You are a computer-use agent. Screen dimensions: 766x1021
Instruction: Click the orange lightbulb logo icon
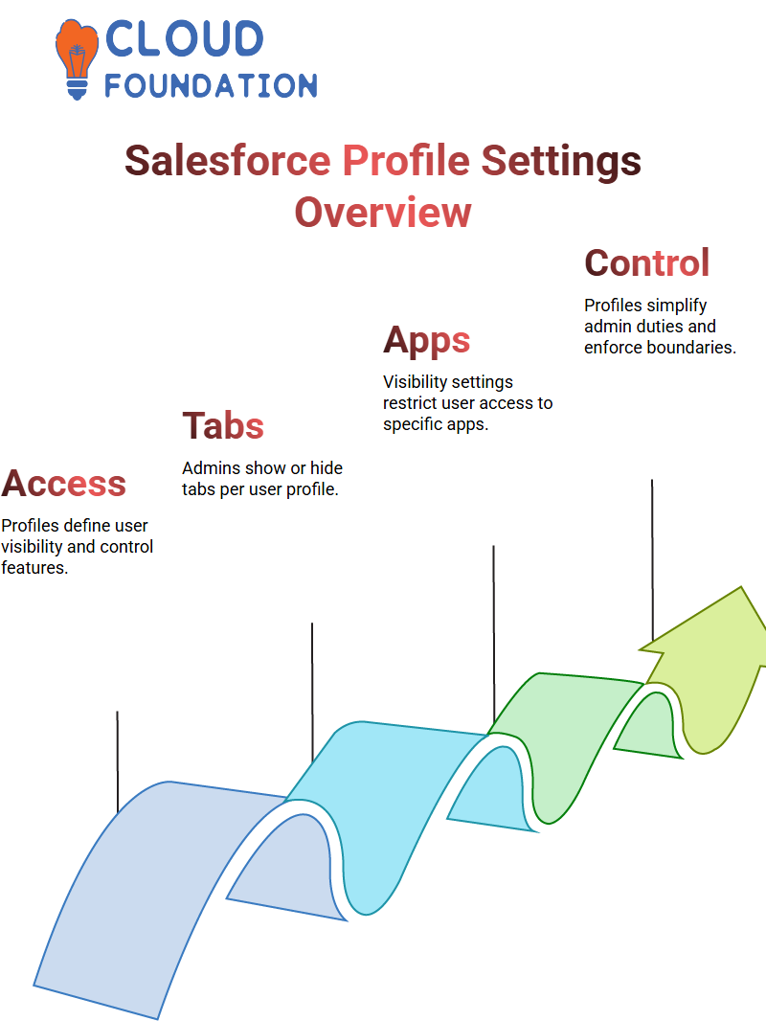(x=77, y=59)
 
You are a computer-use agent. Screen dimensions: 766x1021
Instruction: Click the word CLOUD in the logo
(x=184, y=39)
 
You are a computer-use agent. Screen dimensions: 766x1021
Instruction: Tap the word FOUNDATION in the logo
(x=211, y=85)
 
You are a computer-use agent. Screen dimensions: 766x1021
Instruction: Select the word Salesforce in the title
(x=228, y=161)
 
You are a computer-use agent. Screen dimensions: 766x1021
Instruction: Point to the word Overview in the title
(x=383, y=213)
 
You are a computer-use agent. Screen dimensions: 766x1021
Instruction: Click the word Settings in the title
(x=561, y=162)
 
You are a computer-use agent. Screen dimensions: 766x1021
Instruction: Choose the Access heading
(x=64, y=483)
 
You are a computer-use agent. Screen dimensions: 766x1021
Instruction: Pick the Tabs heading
(x=223, y=426)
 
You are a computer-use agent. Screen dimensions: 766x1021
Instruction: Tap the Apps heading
(x=427, y=341)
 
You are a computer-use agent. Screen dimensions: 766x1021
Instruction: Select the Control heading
(x=647, y=262)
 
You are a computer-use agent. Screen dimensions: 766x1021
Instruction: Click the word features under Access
(x=34, y=568)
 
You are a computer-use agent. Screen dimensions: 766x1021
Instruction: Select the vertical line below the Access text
(x=118, y=761)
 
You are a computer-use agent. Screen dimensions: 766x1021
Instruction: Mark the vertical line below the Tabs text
(x=312, y=692)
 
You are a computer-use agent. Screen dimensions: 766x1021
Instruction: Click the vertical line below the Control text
(x=652, y=561)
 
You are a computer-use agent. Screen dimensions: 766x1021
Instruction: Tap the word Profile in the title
(x=406, y=161)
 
